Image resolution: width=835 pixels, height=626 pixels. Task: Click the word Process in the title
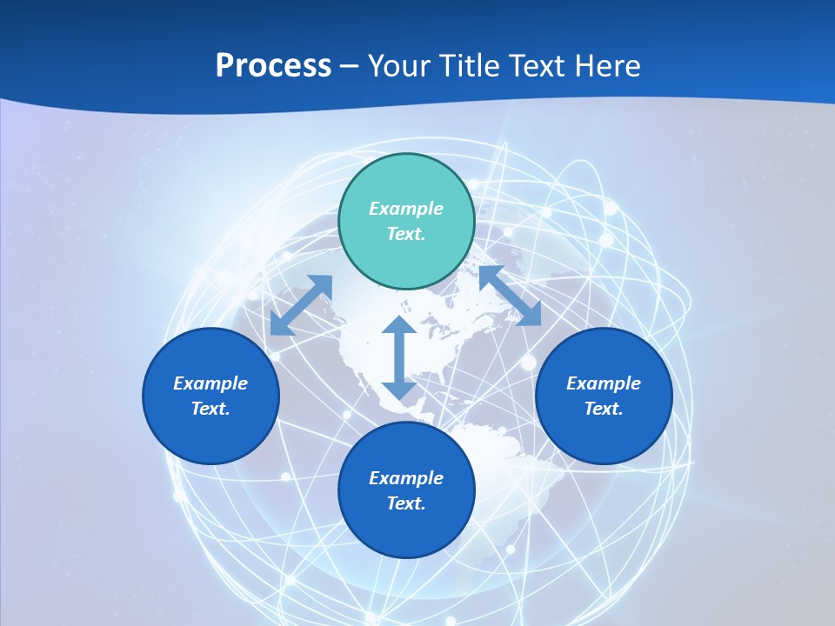(273, 65)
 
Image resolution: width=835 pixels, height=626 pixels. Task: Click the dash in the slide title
(349, 68)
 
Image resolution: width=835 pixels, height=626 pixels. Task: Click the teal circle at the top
(406, 221)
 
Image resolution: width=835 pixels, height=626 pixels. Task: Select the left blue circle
(210, 396)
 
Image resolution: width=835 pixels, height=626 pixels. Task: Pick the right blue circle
(604, 396)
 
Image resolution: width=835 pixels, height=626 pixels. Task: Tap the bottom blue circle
(406, 489)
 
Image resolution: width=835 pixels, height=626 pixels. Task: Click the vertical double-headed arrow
(399, 357)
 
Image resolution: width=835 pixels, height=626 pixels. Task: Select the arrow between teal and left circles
(302, 305)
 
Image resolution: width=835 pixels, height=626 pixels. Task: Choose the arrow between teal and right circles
(511, 295)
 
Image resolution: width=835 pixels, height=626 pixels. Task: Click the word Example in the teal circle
(406, 209)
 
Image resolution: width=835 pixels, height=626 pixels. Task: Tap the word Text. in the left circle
(210, 409)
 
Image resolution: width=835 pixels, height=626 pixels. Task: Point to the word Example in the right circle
(604, 383)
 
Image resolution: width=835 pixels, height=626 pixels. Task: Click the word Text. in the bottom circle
(406, 503)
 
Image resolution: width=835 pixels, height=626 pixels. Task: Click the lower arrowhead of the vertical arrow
(399, 391)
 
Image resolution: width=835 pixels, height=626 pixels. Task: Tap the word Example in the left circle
(210, 383)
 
